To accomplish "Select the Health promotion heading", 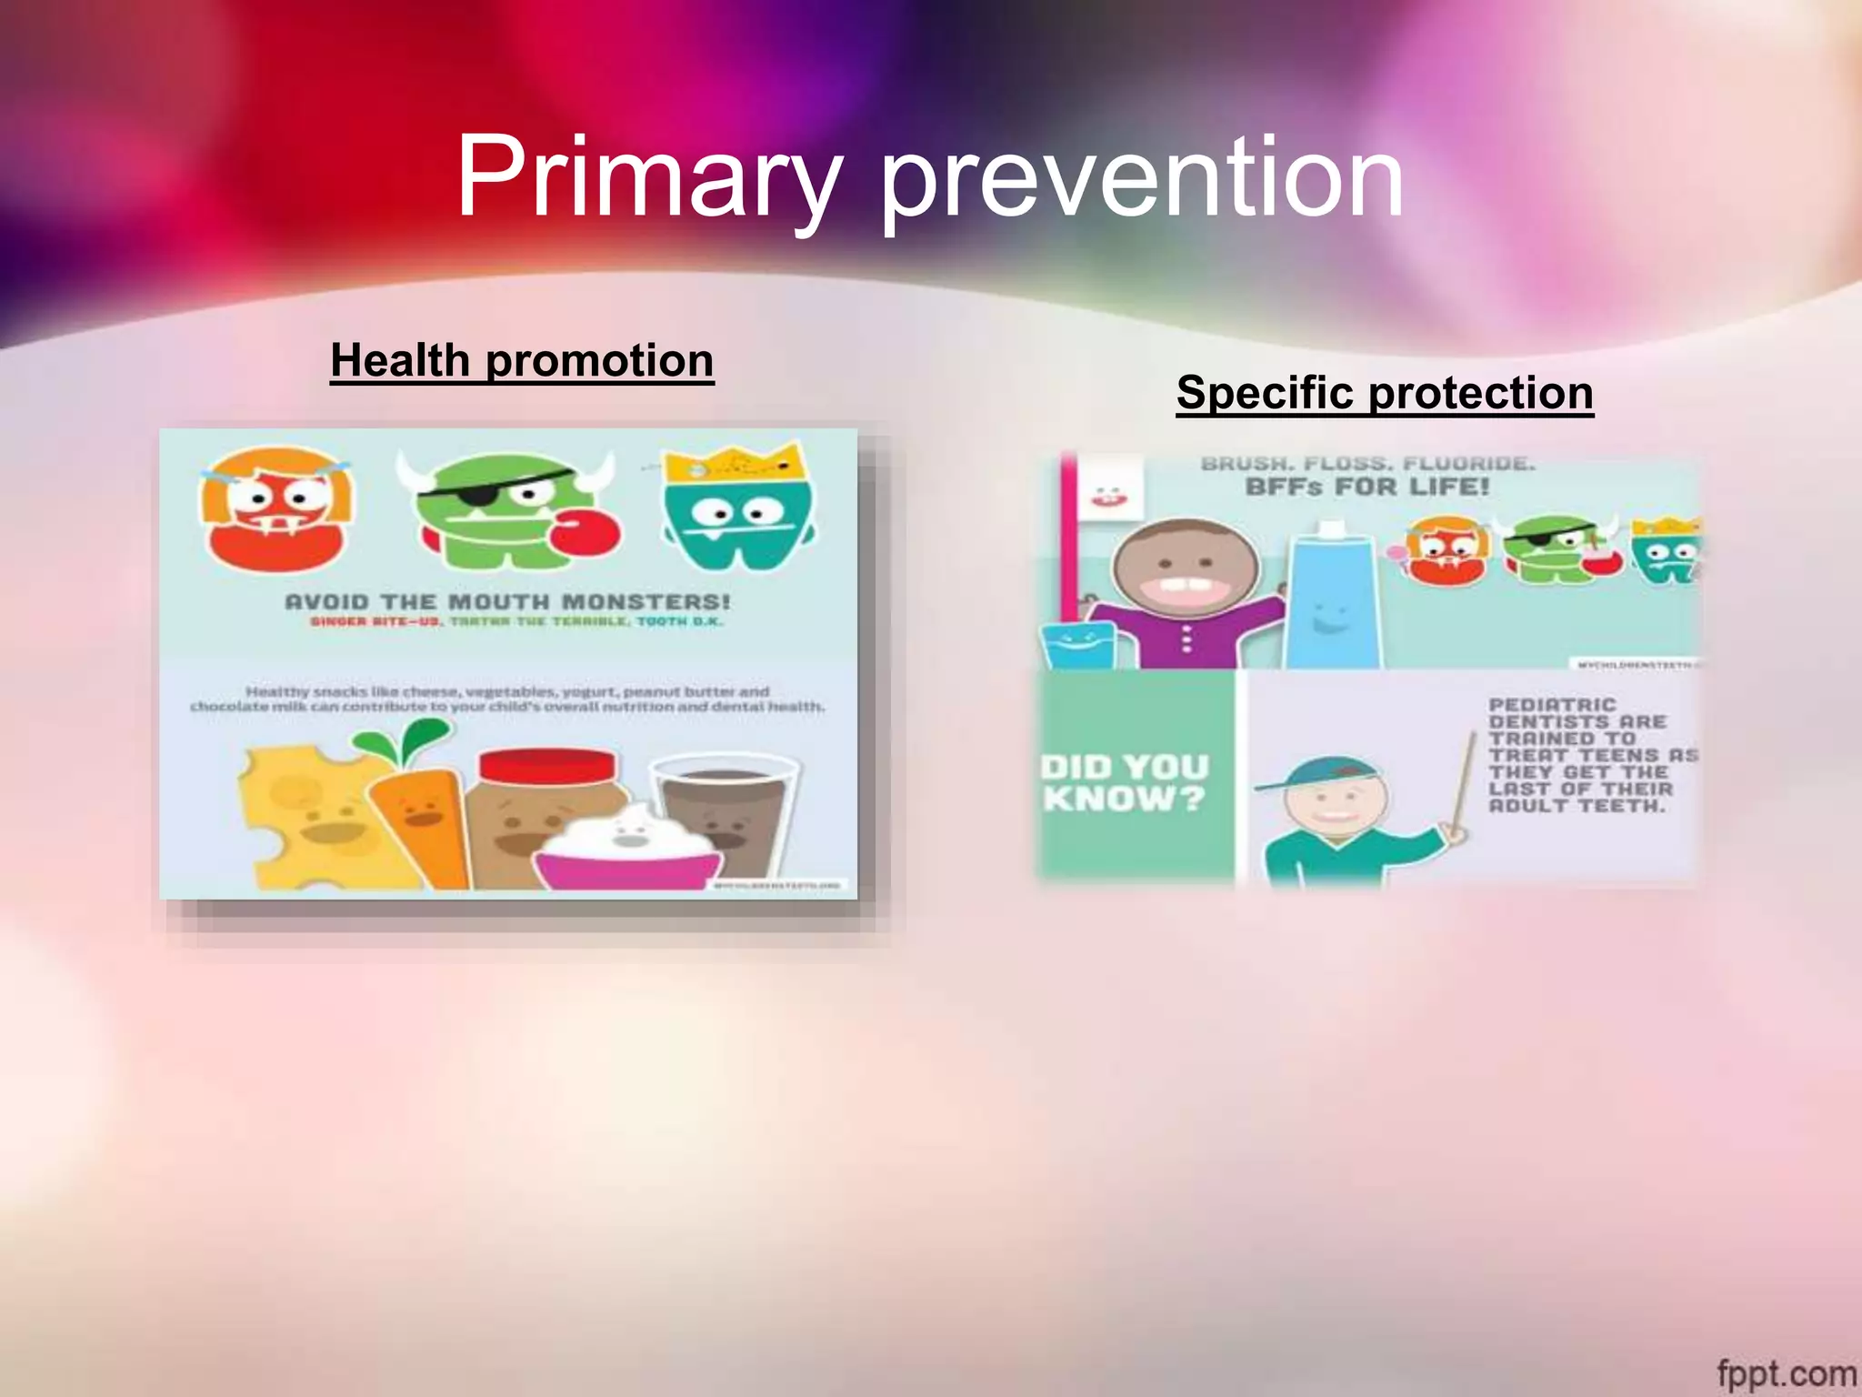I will point(522,360).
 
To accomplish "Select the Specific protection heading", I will point(1384,393).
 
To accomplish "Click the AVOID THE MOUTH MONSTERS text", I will point(507,602).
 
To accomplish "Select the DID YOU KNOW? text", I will point(1126,783).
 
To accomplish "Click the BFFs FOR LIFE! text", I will point(1366,487).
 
